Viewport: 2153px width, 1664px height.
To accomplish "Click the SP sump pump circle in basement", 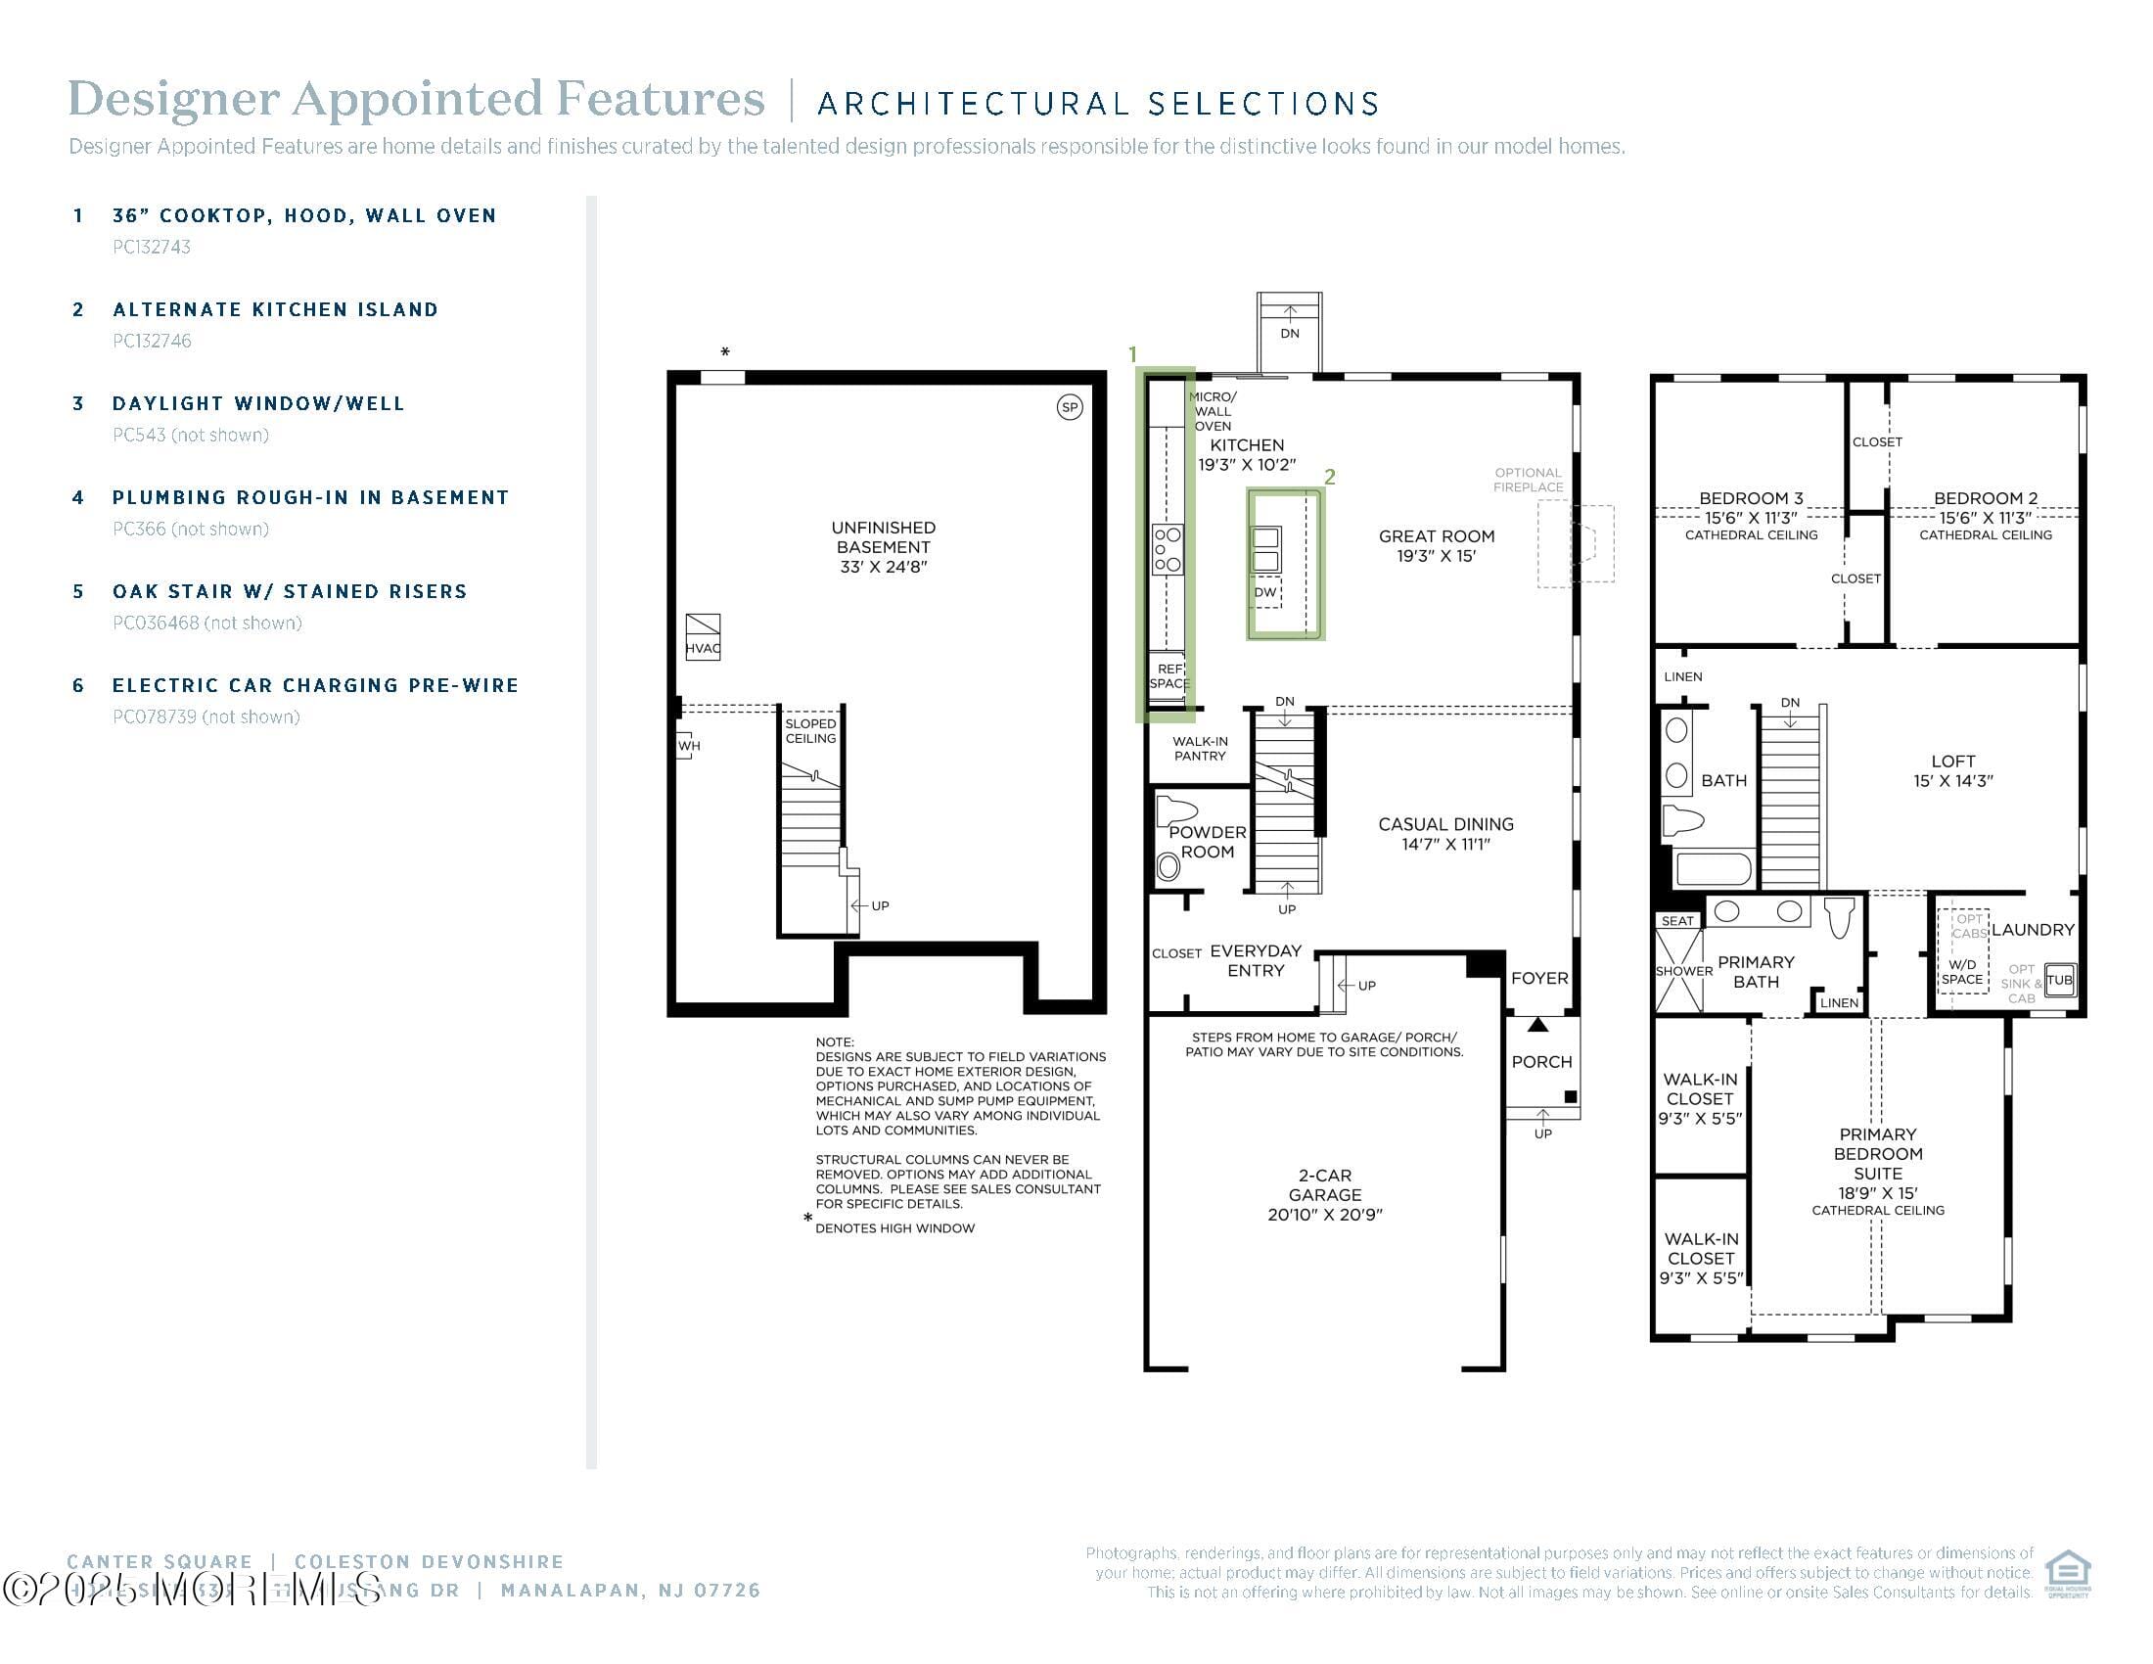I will [1070, 407].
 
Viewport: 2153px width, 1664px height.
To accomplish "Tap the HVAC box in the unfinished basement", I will [703, 638].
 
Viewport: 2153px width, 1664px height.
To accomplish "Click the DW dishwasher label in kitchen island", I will [1264, 592].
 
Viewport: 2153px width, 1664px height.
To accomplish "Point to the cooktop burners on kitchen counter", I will [1168, 550].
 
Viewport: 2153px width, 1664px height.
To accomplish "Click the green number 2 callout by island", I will [1330, 477].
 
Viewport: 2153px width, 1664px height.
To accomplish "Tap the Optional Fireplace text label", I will [1527, 480].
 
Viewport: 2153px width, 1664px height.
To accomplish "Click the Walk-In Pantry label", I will [1200, 749].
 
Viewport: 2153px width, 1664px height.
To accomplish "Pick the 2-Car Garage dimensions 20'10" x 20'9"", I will [1325, 1215].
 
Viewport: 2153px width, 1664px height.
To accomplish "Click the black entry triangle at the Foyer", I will [1537, 1025].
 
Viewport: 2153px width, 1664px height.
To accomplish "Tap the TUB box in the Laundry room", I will [2059, 979].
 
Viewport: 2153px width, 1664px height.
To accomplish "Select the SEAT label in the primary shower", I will [1676, 921].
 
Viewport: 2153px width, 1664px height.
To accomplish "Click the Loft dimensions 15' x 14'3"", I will [1953, 781].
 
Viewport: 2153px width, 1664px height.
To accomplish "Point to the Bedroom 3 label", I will [1751, 498].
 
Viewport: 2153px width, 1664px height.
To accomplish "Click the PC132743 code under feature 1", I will [152, 248].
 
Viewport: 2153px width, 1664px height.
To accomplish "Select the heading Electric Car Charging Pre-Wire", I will [315, 685].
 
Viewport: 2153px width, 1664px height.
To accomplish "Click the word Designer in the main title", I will [173, 99].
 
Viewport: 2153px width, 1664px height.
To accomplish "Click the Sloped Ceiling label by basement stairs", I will [810, 730].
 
